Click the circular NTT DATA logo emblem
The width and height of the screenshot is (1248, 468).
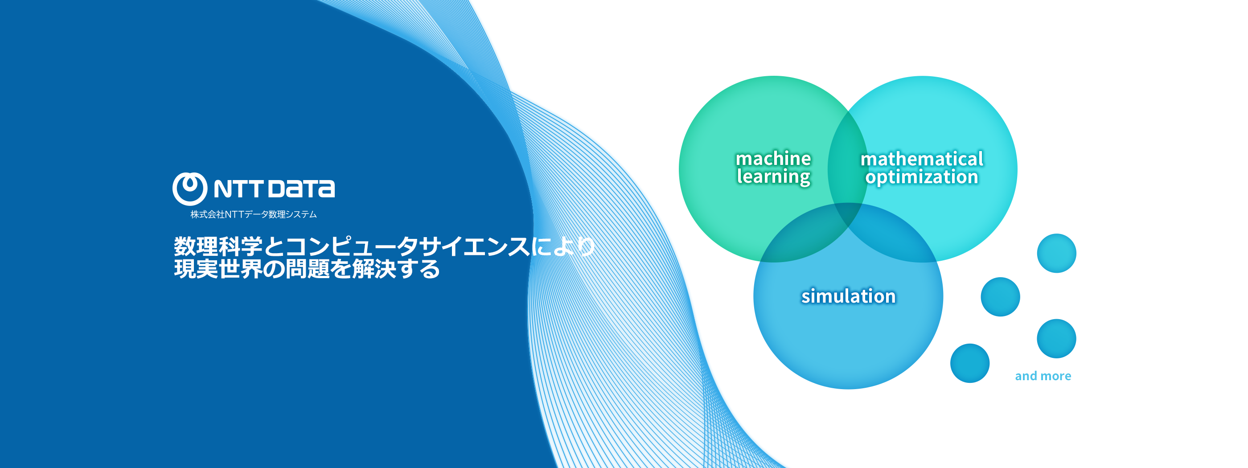coord(190,189)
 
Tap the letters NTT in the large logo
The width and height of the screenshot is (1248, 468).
coord(238,189)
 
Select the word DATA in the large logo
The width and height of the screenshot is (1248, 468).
coord(301,189)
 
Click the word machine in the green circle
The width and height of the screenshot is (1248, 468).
coord(773,158)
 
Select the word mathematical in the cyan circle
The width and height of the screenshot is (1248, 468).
coord(922,159)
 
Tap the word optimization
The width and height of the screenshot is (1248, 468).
coord(922,177)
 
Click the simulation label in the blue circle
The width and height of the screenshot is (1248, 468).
coord(848,296)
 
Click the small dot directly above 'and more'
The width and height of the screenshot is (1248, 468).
coord(1057,339)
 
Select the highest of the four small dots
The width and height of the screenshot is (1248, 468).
coord(1057,253)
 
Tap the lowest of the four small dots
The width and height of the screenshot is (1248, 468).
coord(970,363)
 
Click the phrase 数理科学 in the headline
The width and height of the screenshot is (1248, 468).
coord(218,246)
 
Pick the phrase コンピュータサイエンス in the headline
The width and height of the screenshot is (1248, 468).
coord(407,246)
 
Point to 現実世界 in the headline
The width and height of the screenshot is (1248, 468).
coord(218,269)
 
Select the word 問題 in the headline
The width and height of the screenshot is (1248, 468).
coord(308,269)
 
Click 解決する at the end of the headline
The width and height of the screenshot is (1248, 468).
coord(396,269)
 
